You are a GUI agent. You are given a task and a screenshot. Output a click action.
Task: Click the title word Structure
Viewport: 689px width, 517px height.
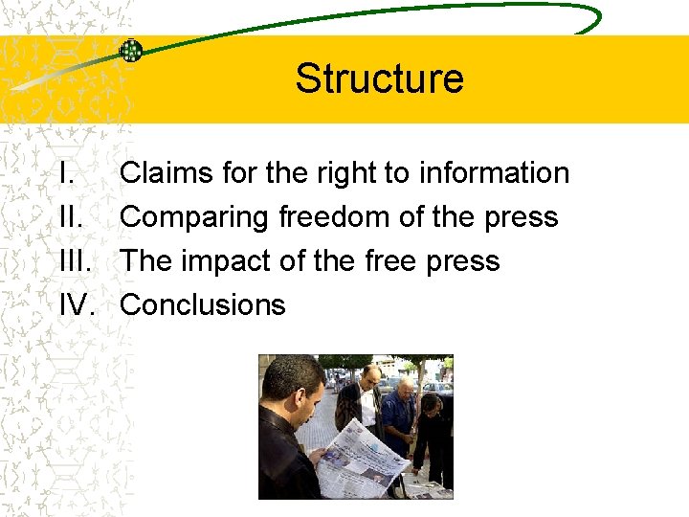(x=379, y=79)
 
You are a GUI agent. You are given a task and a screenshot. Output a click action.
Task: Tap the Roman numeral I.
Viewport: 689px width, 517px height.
(x=64, y=173)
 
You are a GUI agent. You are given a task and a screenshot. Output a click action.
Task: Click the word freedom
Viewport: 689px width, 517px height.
(x=334, y=217)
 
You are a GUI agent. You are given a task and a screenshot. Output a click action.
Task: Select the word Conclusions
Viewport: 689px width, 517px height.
(x=203, y=305)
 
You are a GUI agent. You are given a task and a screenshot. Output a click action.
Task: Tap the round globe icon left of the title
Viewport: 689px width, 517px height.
(x=131, y=50)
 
